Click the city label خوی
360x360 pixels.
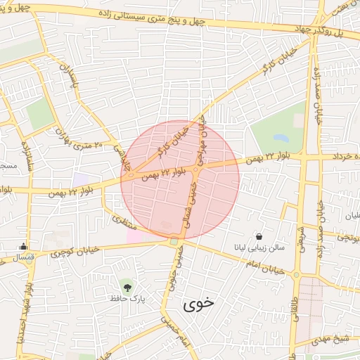pos(198,304)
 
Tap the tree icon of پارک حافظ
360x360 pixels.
pos(127,286)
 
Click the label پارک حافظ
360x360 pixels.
pos(127,299)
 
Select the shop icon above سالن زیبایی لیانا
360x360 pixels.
pos(259,237)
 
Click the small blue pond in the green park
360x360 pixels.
pos(281,139)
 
